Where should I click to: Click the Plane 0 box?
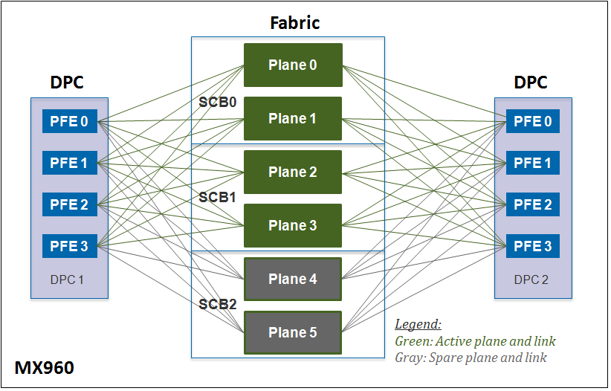pyautogui.click(x=293, y=65)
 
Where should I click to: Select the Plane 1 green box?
pyautogui.click(x=293, y=118)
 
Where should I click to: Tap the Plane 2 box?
pyautogui.click(x=293, y=172)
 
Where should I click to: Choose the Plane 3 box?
pyautogui.click(x=293, y=225)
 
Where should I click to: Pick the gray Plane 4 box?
pyautogui.click(x=293, y=279)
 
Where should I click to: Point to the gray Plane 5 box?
pyautogui.click(x=293, y=332)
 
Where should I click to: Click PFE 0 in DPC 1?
pyautogui.click(x=69, y=121)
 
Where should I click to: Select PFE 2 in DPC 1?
pyautogui.click(x=69, y=204)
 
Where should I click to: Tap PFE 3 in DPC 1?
pyautogui.click(x=69, y=246)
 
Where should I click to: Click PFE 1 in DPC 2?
pyautogui.click(x=534, y=163)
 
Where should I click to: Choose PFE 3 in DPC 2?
pyautogui.click(x=534, y=246)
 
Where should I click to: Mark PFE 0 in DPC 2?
pyautogui.click(x=534, y=121)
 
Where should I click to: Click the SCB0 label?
pyautogui.click(x=218, y=102)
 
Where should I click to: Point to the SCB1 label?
pyautogui.click(x=218, y=198)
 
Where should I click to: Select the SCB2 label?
pyautogui.click(x=218, y=305)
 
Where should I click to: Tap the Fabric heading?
pyautogui.click(x=294, y=22)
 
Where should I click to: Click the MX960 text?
pyautogui.click(x=45, y=368)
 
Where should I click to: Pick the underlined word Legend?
pyautogui.click(x=418, y=325)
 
